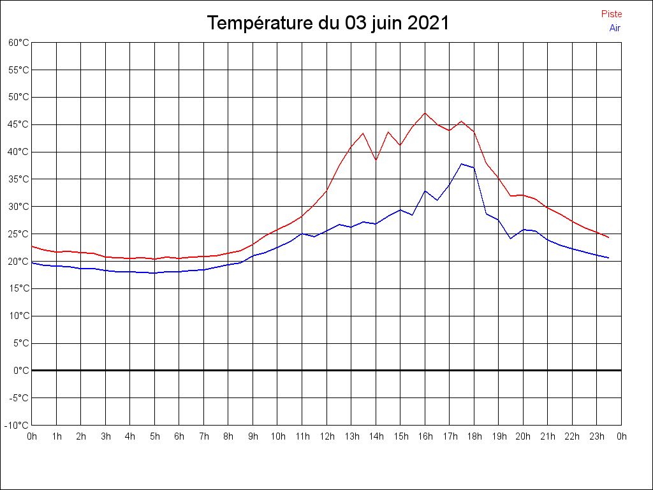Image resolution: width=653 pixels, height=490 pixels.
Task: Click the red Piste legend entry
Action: (x=612, y=14)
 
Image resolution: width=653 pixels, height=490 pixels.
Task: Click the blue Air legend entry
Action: (x=615, y=28)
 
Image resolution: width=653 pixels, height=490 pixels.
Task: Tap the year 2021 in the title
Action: (x=428, y=24)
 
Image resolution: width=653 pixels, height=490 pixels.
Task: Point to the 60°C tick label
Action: (x=18, y=43)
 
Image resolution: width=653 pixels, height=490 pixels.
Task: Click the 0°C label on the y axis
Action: (x=21, y=370)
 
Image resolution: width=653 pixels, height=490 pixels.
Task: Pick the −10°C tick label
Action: (x=17, y=425)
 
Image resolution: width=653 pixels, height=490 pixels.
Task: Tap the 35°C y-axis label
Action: (x=18, y=179)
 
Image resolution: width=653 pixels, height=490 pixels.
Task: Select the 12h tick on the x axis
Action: (x=327, y=436)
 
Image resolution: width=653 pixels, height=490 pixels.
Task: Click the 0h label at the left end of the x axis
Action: (x=32, y=436)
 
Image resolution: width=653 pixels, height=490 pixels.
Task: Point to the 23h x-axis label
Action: (x=597, y=436)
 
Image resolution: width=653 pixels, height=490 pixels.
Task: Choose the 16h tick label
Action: (x=425, y=436)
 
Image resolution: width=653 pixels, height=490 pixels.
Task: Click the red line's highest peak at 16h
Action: (x=425, y=113)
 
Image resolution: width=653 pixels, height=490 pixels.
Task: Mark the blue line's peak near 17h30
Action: (x=462, y=164)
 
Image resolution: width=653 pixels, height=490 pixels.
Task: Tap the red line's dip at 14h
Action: (x=376, y=160)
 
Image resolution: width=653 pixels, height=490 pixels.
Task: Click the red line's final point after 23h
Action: (x=609, y=237)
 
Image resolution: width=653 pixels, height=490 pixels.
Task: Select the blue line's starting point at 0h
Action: (x=32, y=262)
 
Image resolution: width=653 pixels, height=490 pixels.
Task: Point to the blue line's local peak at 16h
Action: (x=425, y=191)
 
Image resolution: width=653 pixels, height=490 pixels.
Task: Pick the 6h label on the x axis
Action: (x=179, y=436)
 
